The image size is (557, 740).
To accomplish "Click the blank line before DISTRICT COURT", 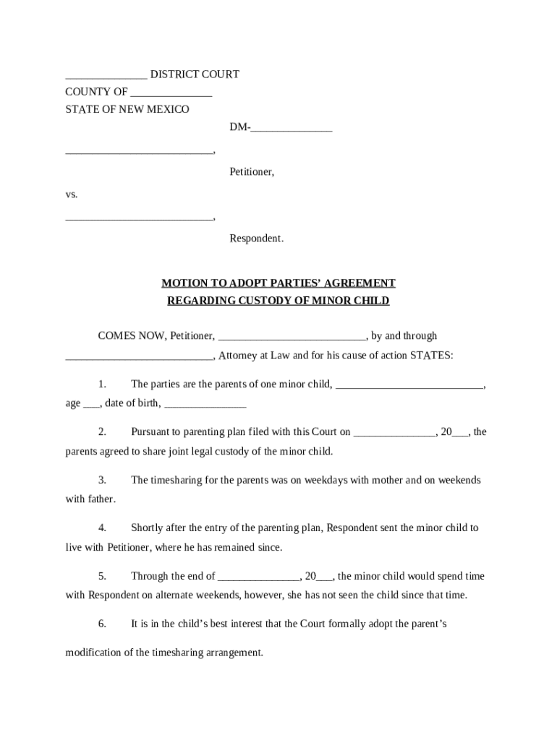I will pyautogui.click(x=106, y=74).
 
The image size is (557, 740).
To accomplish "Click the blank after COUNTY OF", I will pyautogui.click(x=171, y=92).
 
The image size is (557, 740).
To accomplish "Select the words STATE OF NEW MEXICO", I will pyautogui.click(x=127, y=109).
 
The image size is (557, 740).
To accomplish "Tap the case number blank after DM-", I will pyautogui.click(x=292, y=128).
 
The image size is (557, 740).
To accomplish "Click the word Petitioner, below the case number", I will pyautogui.click(x=252, y=172).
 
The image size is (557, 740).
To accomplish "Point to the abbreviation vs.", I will pyautogui.click(x=72, y=194).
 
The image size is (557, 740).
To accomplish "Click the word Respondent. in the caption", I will pyautogui.click(x=257, y=238).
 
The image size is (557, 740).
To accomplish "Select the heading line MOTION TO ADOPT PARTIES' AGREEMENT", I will pyautogui.click(x=278, y=283).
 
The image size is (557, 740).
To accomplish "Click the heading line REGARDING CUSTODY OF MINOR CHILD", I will pyautogui.click(x=278, y=301).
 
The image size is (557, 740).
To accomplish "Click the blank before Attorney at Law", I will pyautogui.click(x=139, y=355).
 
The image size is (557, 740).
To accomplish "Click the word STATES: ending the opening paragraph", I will pyautogui.click(x=432, y=356).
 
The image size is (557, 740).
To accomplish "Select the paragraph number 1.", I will pyautogui.click(x=103, y=384).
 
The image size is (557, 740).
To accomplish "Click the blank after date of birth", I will pyautogui.click(x=205, y=403).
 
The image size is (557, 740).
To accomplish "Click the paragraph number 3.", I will pyautogui.click(x=103, y=480).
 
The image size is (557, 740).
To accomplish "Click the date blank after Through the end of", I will pyautogui.click(x=258, y=576).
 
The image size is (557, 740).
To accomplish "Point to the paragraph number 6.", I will pyautogui.click(x=103, y=624).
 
